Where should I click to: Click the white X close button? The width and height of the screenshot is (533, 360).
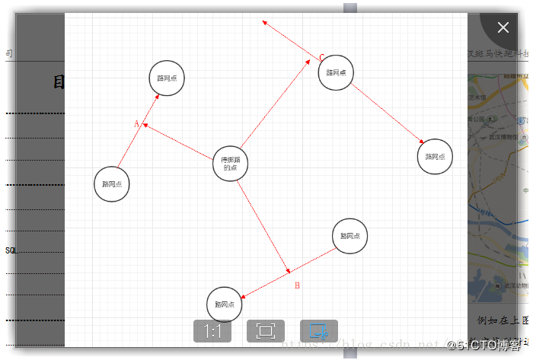pyautogui.click(x=503, y=27)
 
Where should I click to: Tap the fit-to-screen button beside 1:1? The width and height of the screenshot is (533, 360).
pyautogui.click(x=265, y=331)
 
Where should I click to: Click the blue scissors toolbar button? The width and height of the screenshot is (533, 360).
pyautogui.click(x=319, y=332)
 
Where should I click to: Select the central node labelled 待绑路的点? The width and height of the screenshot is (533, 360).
pyautogui.click(x=230, y=164)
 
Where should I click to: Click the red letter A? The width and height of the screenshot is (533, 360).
pyautogui.click(x=137, y=123)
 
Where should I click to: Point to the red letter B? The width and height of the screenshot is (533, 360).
pyautogui.click(x=297, y=285)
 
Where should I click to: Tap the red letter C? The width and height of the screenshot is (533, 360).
pyautogui.click(x=321, y=57)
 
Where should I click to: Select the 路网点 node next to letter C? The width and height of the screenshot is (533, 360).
pyautogui.click(x=336, y=73)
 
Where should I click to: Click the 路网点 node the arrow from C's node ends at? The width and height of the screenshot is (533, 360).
pyautogui.click(x=435, y=157)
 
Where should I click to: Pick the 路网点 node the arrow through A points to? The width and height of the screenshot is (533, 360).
pyautogui.click(x=166, y=78)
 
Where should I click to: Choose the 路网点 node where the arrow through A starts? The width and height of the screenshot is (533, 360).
pyautogui.click(x=112, y=184)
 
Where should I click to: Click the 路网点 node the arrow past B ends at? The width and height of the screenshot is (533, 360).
pyautogui.click(x=225, y=304)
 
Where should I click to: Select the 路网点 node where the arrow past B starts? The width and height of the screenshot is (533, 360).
pyautogui.click(x=350, y=236)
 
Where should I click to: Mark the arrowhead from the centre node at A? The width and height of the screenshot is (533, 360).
pyautogui.click(x=145, y=125)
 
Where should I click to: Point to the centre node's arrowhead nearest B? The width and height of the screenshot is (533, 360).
pyautogui.click(x=288, y=270)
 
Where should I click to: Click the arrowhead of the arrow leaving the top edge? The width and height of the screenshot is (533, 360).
pyautogui.click(x=263, y=21)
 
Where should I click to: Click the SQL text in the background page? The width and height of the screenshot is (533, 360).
pyautogui.click(x=10, y=250)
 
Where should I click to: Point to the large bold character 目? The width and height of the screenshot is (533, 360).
pyautogui.click(x=59, y=82)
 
